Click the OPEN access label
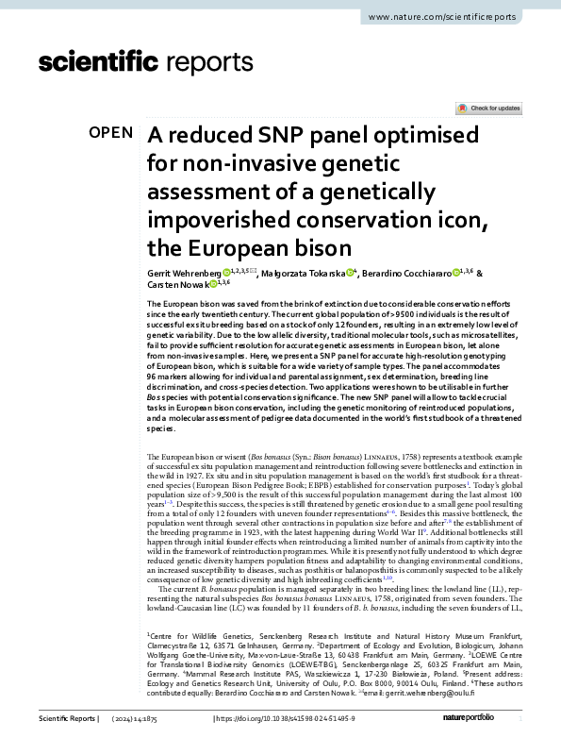[x=111, y=132]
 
